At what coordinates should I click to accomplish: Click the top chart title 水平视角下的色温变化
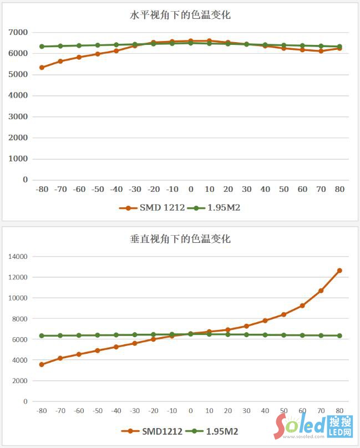(x=180, y=16)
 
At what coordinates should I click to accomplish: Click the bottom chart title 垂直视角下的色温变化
(x=180, y=240)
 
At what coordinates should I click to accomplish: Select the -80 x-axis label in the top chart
(x=42, y=189)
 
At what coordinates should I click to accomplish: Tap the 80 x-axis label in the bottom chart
(x=339, y=411)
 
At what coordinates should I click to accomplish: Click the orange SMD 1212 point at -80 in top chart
(x=42, y=68)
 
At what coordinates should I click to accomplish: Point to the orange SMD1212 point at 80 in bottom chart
(x=339, y=271)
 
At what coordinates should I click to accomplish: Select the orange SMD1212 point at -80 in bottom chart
(x=42, y=364)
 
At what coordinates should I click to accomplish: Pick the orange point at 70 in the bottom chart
(x=321, y=291)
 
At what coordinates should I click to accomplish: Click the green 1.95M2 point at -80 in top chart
(x=42, y=47)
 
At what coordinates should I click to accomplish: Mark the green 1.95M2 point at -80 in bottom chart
(x=42, y=336)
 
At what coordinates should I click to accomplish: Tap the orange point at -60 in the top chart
(x=79, y=57)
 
